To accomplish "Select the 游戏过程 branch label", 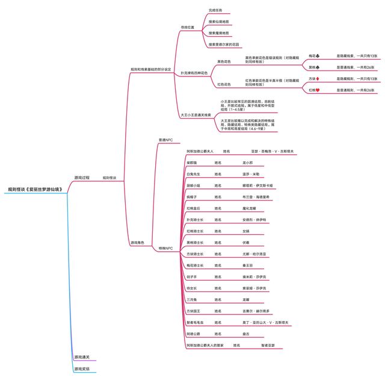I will tap(82, 178).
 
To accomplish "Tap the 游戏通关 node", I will tap(82, 357).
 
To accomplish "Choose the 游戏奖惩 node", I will tap(82, 369).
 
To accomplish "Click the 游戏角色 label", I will tap(137, 242).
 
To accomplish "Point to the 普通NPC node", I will tap(165, 140).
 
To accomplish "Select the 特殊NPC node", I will tap(165, 248).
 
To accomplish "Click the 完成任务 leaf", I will tap(215, 10).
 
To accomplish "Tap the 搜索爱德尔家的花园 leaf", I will tap(224, 44).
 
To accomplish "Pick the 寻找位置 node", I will tap(188, 27).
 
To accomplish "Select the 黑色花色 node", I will tap(224, 61).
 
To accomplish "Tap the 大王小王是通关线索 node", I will tap(196, 114).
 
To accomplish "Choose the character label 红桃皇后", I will tap(195, 208).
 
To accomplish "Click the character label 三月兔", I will tap(192, 299).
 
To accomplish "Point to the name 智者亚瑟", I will tap(268, 345).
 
